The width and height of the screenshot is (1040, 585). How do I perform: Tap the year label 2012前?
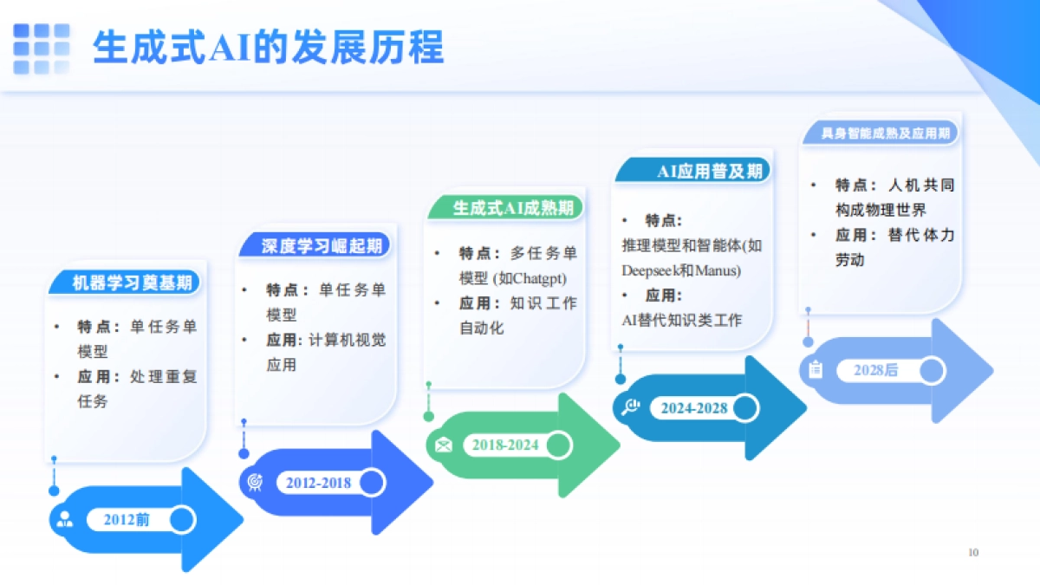127,520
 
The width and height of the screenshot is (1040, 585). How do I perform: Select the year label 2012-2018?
318,483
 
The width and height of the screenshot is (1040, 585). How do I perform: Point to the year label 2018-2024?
504,445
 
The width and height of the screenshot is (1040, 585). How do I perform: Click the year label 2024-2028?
693,407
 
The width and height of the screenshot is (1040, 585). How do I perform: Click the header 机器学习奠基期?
132,283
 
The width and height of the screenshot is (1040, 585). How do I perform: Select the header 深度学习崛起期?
322,246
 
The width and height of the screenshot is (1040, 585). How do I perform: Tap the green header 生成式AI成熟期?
512,208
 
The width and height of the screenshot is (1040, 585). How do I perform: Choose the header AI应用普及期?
709,171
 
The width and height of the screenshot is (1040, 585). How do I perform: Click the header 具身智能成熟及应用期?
885,133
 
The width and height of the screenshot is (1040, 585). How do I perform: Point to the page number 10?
972,553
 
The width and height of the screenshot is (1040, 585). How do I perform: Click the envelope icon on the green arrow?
444,445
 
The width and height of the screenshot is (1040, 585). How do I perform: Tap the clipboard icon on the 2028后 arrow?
816,370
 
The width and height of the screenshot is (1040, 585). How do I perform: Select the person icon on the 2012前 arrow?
65,520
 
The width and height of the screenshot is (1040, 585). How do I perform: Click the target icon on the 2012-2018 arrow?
255,482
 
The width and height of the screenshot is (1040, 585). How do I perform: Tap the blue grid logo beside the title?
42,48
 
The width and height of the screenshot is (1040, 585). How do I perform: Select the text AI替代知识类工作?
681,320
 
